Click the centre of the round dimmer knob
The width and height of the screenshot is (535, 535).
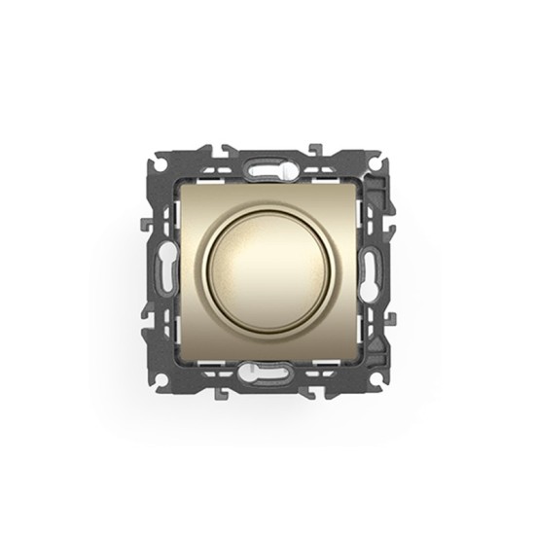coord(267,268)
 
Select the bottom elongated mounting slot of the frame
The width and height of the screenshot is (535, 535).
coord(267,369)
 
